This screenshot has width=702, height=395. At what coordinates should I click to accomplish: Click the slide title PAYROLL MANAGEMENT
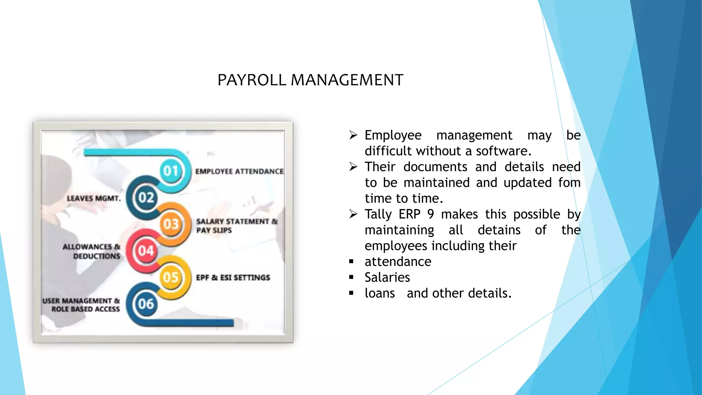click(310, 80)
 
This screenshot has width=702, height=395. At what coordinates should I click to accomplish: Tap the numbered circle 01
click(171, 171)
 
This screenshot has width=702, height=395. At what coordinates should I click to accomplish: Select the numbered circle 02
click(146, 197)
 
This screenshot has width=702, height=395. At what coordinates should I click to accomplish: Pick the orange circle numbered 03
click(171, 224)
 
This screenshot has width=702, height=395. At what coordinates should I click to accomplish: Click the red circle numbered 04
click(146, 251)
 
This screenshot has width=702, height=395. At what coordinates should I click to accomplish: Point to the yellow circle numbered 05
click(171, 277)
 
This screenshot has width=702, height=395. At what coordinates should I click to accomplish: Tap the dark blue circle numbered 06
click(146, 304)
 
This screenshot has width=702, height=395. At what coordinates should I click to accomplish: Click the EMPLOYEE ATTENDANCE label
click(239, 171)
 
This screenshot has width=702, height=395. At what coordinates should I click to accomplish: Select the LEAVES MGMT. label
click(94, 199)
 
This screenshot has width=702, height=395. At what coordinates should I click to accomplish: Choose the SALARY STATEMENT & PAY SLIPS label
click(237, 226)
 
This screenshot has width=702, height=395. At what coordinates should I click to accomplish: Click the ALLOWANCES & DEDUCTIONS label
click(92, 251)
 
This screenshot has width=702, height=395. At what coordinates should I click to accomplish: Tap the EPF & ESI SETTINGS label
click(233, 278)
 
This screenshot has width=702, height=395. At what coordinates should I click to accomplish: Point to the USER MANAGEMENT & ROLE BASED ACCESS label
click(82, 305)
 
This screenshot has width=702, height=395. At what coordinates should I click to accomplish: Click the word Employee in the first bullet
click(393, 135)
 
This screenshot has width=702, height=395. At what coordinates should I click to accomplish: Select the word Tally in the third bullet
click(378, 214)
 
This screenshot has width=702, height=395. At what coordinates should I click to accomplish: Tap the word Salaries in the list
click(387, 277)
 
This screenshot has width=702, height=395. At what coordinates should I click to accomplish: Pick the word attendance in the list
click(398, 262)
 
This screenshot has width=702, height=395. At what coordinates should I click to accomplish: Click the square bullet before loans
click(351, 293)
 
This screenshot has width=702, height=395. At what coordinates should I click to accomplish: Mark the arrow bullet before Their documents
click(353, 167)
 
